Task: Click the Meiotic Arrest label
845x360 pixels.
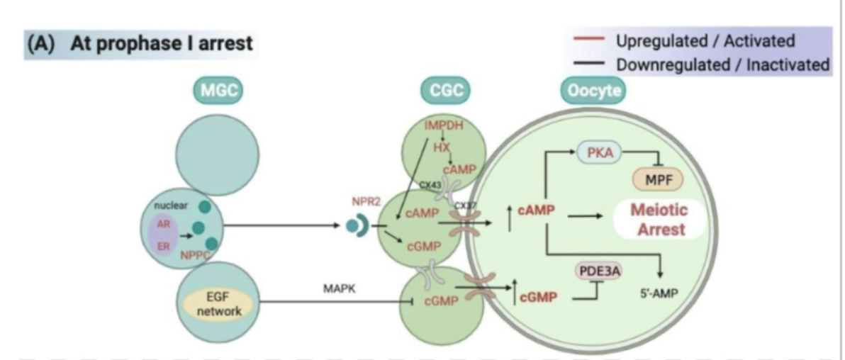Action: click(x=660, y=220)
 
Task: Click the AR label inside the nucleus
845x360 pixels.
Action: click(x=164, y=222)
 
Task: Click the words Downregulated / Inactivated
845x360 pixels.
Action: click(x=722, y=65)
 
